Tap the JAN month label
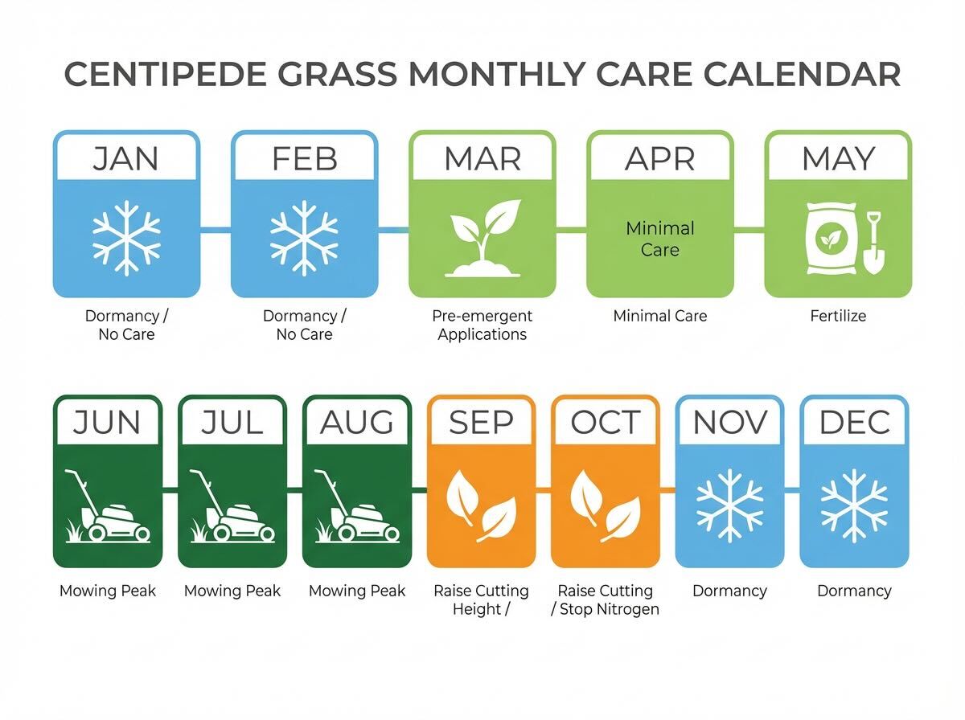pos(125,158)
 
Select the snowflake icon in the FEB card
pos(304,238)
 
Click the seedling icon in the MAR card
pos(482,238)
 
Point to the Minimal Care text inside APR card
pos(659,239)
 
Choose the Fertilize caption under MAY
pos(838,316)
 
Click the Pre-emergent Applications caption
pos(482,325)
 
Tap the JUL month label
pos(232,422)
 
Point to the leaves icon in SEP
pos(481,506)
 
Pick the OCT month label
pos(606,422)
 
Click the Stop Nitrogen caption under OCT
pos(606,609)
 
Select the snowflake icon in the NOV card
pos(729,506)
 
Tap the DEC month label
pos(854,422)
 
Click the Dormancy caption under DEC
pos(854,591)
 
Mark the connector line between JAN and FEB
pos(216,231)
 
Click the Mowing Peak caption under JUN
pos(108,591)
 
